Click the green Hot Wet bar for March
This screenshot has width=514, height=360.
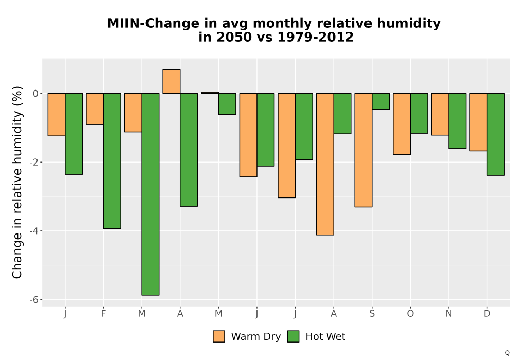coord(151,194)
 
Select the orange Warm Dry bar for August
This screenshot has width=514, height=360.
coord(325,164)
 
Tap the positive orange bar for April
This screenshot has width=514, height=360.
coord(172,82)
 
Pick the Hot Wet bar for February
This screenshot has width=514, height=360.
coord(112,160)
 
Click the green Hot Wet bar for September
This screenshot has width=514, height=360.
coord(380,101)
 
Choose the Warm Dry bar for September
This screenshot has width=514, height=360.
coord(363,150)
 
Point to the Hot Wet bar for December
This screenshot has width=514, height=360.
coord(495,134)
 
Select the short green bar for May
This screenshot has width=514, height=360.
coord(227,104)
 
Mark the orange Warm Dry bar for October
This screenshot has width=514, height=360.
coord(401,124)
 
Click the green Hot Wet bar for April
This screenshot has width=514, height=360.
coord(189,150)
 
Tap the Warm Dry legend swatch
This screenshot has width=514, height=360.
coord(219,336)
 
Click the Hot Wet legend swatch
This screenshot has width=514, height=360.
coord(293,336)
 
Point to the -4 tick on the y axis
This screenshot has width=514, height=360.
coord(34,231)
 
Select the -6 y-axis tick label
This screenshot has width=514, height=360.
coord(34,300)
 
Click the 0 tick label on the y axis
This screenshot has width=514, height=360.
coord(36,94)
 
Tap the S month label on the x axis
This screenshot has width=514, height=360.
coord(372,314)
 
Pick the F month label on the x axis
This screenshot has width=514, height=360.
coord(104,314)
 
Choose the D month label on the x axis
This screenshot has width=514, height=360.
coord(487,314)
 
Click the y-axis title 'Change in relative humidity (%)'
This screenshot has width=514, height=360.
coord(17,182)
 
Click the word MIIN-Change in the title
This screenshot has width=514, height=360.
coord(153,24)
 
